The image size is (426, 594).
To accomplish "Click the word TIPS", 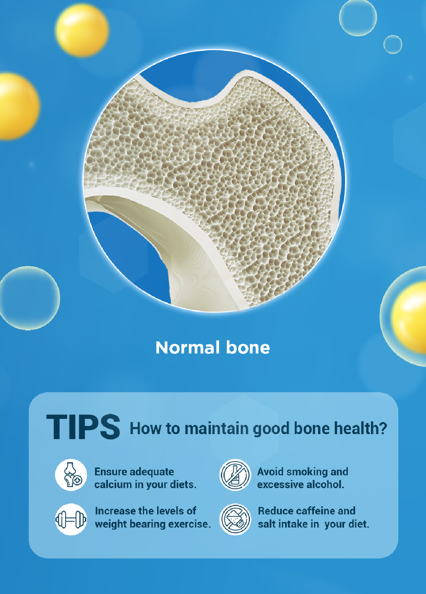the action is tap(83, 427).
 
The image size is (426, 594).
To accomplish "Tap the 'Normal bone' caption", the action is tap(213, 348).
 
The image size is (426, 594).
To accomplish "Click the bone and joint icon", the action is tap(71, 475).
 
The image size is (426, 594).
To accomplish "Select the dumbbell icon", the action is tap(71, 519).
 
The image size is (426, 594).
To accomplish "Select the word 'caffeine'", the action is tap(315, 511).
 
